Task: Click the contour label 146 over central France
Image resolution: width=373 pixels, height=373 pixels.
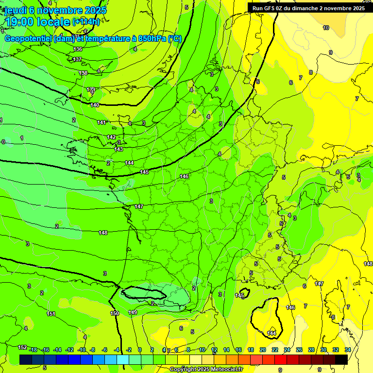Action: (184, 176)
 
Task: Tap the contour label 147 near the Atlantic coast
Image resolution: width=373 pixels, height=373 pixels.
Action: (139, 206)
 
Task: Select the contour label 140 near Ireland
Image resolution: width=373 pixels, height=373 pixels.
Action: (95, 105)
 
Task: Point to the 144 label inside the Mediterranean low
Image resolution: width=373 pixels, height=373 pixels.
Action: (272, 333)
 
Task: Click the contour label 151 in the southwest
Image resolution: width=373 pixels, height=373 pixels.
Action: (51, 314)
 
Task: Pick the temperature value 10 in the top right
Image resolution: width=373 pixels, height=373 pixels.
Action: (326, 28)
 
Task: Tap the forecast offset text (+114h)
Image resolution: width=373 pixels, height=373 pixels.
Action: (86, 21)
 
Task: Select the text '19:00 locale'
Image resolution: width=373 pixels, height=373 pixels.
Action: (37, 22)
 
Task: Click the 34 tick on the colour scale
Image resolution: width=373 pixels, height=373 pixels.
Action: (348, 350)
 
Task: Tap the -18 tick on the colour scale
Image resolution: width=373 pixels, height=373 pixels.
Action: (34, 350)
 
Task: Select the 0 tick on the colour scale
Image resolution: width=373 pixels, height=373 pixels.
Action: (140, 350)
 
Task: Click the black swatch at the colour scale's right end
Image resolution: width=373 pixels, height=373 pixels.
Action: (341, 359)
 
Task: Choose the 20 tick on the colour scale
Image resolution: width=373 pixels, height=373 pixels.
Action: (263, 350)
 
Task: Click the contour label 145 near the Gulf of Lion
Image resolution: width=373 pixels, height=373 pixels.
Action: (240, 295)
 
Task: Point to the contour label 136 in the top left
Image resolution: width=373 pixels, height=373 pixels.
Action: (78, 49)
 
